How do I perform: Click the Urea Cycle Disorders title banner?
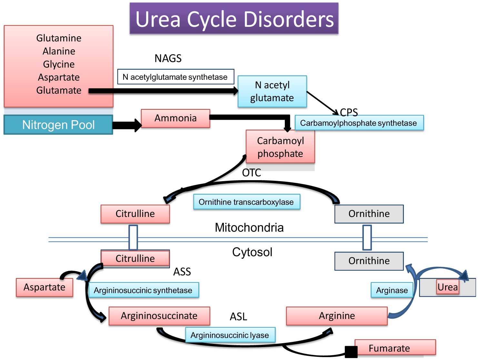tap(234, 19)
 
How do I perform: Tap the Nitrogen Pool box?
tap(58, 125)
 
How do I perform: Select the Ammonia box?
tap(175, 118)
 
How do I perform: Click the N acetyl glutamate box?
tap(272, 91)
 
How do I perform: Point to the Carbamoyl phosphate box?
tap(280, 147)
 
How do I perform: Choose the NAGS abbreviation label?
tap(168, 58)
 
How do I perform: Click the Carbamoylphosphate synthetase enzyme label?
tap(359, 123)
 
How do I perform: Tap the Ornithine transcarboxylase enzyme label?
tap(246, 202)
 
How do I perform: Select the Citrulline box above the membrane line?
tap(135, 214)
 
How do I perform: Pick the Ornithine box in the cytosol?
tap(369, 261)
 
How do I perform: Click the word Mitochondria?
tap(249, 228)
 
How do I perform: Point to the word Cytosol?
tap(252, 252)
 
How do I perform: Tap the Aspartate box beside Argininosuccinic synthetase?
tap(45, 287)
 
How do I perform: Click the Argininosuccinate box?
tap(159, 316)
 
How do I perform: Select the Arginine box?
tap(337, 316)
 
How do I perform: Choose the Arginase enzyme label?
tap(392, 290)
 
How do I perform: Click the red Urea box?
tap(448, 287)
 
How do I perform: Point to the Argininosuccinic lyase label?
tap(230, 335)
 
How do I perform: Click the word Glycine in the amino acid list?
tap(59, 64)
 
